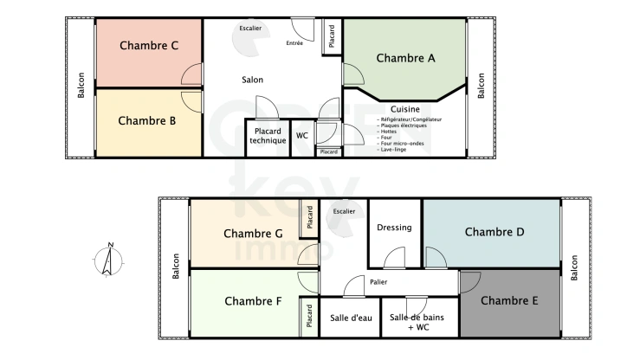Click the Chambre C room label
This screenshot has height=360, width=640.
149,46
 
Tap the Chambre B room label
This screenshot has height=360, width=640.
147,121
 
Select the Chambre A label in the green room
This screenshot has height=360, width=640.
405,58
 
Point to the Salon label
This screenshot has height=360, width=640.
252,80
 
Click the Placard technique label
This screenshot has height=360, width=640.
268,136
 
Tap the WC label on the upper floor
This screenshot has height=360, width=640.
302,136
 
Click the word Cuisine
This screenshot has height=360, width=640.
405,109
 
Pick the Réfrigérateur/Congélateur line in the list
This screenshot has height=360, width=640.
410,119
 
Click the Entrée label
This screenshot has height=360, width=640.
294,42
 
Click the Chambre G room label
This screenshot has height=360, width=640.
253,234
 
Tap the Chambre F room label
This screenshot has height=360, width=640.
253,301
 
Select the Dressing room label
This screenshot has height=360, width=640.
394,228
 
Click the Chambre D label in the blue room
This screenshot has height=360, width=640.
495,232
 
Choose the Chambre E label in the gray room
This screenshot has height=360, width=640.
509,300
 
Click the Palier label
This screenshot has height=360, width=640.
378,282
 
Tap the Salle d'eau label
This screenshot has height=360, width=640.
351,318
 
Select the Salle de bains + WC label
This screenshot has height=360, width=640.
417,322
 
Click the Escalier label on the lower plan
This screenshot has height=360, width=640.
344,210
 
